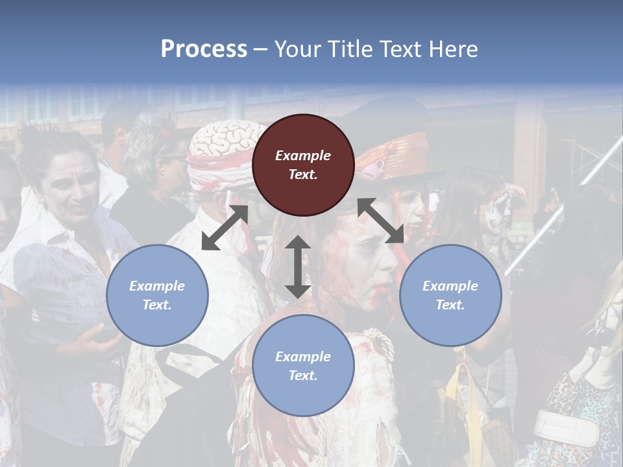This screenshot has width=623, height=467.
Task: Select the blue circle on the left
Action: [x=157, y=295]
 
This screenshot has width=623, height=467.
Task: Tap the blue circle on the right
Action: [x=450, y=295]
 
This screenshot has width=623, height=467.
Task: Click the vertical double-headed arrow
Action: [x=298, y=267]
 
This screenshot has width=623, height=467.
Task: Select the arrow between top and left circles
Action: [x=225, y=228]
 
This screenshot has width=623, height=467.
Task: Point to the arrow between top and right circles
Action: [x=381, y=221]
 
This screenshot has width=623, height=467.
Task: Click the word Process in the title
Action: [x=204, y=49]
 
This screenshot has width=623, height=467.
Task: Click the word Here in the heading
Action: [x=452, y=49]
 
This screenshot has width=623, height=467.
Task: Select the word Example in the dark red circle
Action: [x=303, y=156]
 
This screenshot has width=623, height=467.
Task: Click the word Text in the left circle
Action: [x=157, y=305]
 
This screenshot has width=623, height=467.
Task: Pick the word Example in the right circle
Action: [x=450, y=286]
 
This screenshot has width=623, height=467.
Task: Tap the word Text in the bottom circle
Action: [x=303, y=376]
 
